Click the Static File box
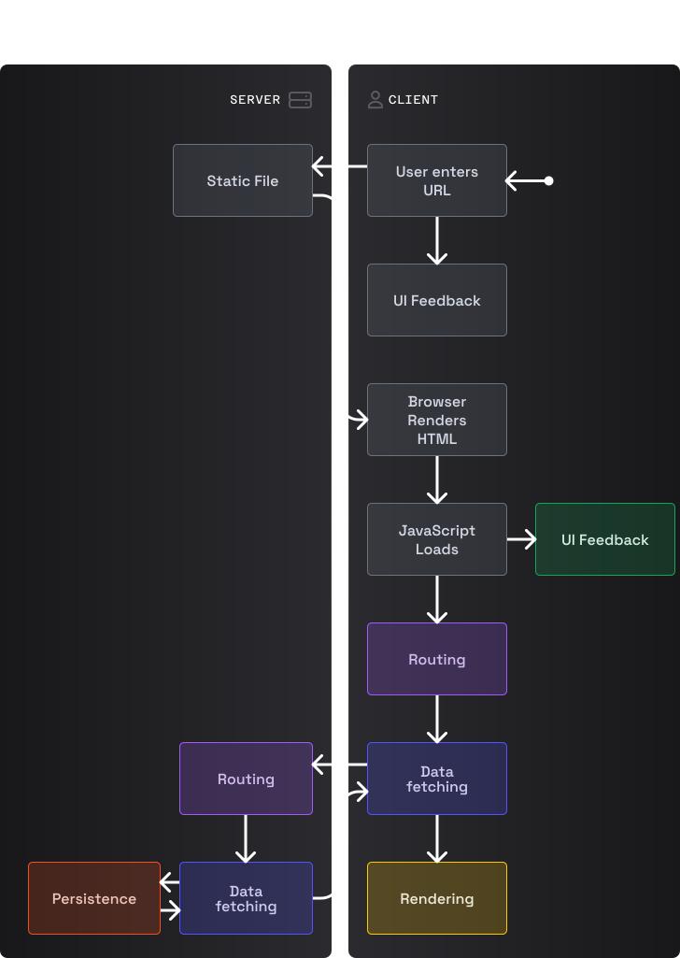[243, 180]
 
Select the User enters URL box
[437, 180]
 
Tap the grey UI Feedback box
[437, 300]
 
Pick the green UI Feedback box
[605, 539]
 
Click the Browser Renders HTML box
[437, 420]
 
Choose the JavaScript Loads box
[437, 539]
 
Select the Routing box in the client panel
[437, 659]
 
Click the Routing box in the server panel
[246, 779]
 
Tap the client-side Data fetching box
[437, 779]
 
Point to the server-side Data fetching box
[246, 898]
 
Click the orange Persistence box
[94, 898]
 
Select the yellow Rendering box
[437, 898]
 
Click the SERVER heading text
[255, 100]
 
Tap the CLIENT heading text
[413, 100]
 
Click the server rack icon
[300, 100]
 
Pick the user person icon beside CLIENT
[375, 100]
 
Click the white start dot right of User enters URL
[548, 180]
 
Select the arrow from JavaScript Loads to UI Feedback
[522, 539]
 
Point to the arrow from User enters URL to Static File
[340, 166]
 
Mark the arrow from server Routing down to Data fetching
[246, 838]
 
